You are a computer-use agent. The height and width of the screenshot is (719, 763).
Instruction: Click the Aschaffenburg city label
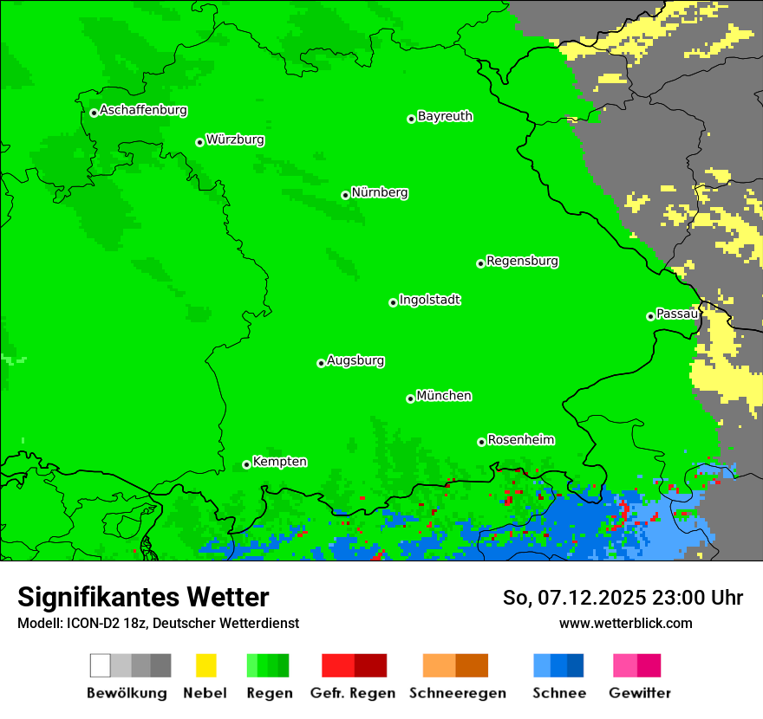[143, 110]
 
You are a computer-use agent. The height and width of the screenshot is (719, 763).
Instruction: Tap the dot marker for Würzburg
[199, 142]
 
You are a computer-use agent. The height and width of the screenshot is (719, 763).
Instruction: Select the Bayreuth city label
[445, 116]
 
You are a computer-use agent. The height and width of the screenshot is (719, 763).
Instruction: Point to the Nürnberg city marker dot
[345, 195]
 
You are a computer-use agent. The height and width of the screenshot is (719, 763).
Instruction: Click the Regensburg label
[522, 261]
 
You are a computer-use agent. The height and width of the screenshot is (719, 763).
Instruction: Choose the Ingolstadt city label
[429, 300]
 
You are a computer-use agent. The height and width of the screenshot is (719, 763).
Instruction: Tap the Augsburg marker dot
[321, 363]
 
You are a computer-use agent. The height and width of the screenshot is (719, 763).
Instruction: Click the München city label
[444, 396]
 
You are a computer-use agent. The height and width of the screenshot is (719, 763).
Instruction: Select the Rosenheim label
[520, 440]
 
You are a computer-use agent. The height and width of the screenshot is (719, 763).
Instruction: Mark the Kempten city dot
[246, 464]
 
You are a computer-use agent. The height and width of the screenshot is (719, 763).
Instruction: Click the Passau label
[676, 314]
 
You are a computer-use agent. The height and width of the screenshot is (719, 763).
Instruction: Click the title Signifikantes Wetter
[143, 597]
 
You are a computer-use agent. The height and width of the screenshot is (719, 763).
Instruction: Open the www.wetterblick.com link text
[625, 623]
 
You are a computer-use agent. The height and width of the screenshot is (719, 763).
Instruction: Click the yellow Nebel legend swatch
[205, 665]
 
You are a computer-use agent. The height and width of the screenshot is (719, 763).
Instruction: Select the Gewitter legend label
[640, 693]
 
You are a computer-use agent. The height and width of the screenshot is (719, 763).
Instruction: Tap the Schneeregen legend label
[458, 693]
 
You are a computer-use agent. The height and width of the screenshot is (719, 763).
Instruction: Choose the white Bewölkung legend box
[101, 665]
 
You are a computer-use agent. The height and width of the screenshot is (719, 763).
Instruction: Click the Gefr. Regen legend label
[352, 693]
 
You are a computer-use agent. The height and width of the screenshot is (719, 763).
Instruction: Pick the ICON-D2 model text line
[158, 623]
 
